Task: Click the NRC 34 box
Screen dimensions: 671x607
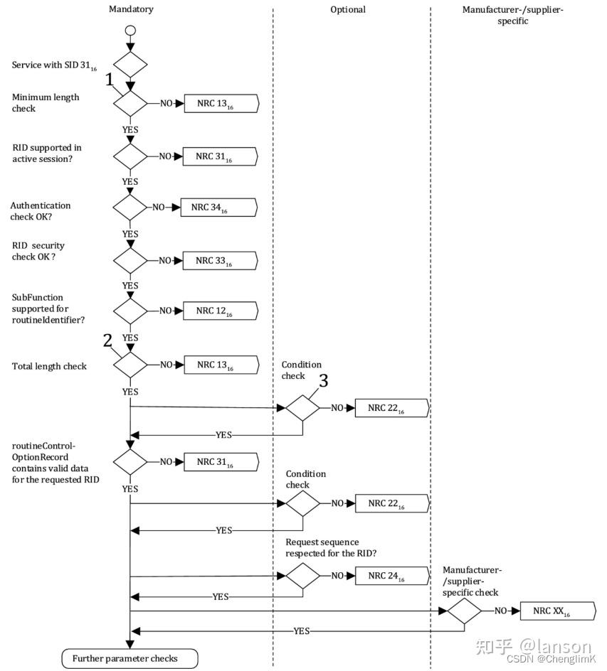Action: pos(214,208)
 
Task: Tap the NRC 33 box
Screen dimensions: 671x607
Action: pos(219,261)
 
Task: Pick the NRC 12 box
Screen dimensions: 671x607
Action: pos(219,311)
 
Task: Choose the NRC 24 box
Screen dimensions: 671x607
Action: pos(391,576)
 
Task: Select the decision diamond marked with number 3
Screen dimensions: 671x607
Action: pos(302,408)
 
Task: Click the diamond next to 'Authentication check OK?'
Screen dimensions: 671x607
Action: pos(130,208)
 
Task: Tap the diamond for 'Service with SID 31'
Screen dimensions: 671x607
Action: pos(130,65)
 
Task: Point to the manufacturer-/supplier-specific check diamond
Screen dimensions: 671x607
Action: pos(465,611)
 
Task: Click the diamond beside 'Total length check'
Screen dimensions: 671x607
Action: pos(130,365)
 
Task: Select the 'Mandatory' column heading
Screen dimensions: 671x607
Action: pos(131,9)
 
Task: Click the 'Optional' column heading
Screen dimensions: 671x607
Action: pos(348,9)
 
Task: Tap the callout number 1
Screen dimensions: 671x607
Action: pos(110,81)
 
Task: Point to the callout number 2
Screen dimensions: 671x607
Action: pos(107,340)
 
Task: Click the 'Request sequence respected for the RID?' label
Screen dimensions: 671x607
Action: pos(332,547)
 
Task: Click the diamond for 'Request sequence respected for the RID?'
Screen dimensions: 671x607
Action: pos(302,576)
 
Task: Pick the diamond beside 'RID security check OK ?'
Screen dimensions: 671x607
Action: pos(130,261)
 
